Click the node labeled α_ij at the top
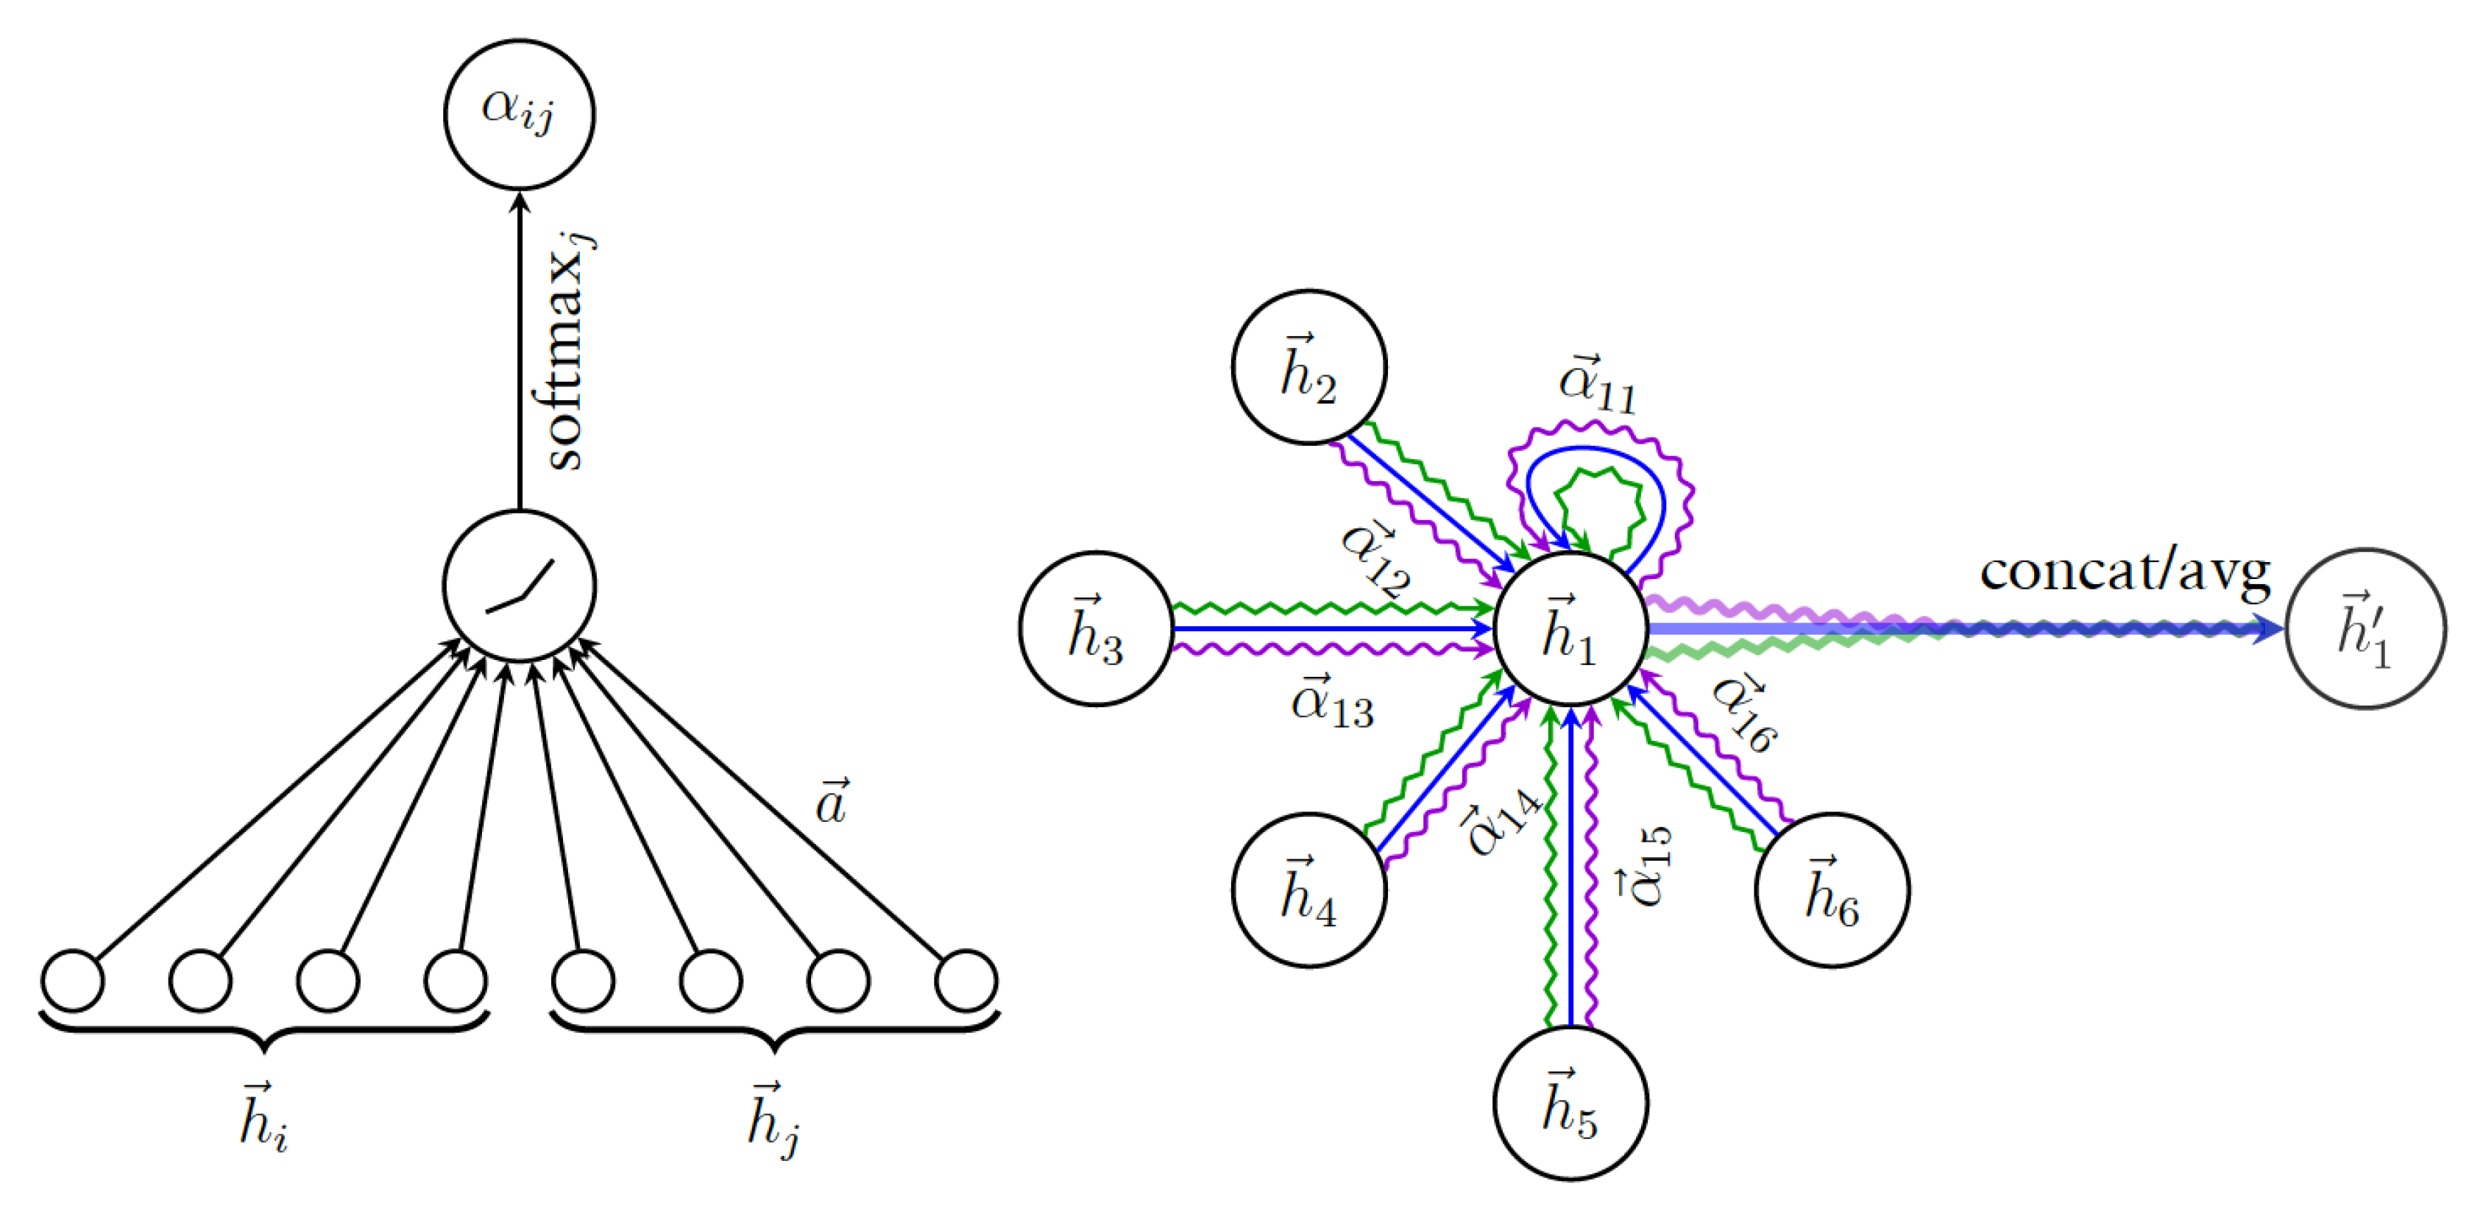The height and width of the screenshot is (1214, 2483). (x=519, y=114)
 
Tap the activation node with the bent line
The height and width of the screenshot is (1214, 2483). (x=519, y=586)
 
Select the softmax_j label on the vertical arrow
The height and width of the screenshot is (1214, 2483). (x=569, y=352)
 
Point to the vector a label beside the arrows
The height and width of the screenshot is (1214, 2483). (x=831, y=803)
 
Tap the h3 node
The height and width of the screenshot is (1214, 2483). (x=1096, y=628)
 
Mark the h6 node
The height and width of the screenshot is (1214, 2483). (x=1832, y=890)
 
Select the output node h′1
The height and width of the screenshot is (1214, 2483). (x=2365, y=628)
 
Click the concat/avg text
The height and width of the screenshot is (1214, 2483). (x=2125, y=572)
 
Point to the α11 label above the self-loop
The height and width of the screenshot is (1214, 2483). (x=1597, y=386)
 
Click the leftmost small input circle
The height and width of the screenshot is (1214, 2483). (x=74, y=981)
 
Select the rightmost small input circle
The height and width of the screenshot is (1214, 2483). (x=966, y=981)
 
